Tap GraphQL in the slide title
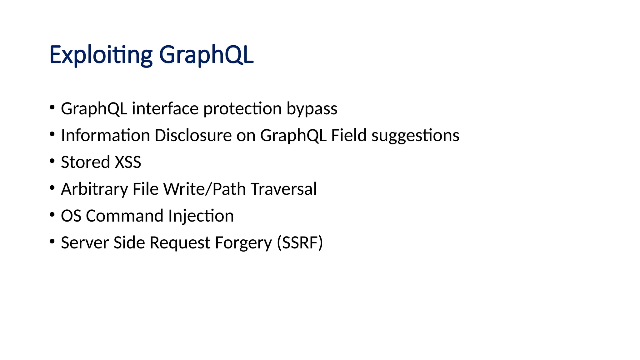(206, 55)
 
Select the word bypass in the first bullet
(312, 109)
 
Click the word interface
(165, 109)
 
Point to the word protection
(242, 109)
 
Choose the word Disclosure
(193, 136)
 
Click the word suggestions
(415, 136)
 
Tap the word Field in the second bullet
(348, 136)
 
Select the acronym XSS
(128, 162)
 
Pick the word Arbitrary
(94, 189)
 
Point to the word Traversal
(284, 189)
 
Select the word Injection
(201, 216)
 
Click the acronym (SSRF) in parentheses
(300, 243)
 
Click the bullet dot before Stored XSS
(52, 161)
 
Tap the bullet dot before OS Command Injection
(52, 215)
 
